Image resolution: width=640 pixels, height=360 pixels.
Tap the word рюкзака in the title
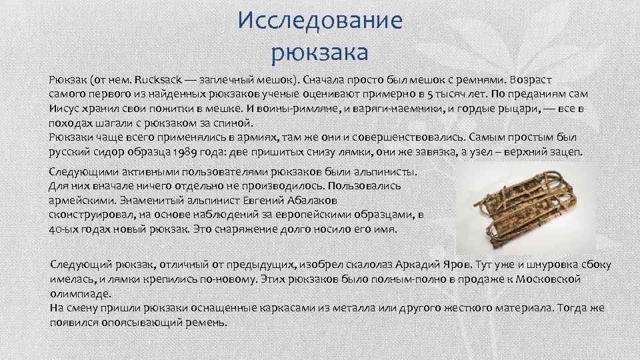[320, 50]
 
